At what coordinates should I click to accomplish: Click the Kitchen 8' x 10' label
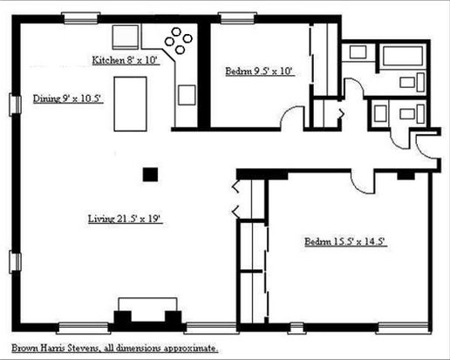[126, 60]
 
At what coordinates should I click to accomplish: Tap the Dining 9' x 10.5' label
[68, 98]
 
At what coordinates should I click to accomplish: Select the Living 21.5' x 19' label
[125, 219]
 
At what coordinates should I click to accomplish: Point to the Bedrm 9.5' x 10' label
[260, 71]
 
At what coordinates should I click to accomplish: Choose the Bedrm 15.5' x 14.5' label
[346, 241]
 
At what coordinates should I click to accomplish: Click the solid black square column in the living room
[150, 174]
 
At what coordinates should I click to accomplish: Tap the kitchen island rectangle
[130, 104]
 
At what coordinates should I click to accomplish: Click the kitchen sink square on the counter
[187, 95]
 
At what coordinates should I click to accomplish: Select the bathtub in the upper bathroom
[403, 56]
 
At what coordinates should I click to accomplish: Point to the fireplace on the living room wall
[147, 316]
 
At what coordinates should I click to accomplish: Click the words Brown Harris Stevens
[55, 348]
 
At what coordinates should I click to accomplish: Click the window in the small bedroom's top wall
[237, 18]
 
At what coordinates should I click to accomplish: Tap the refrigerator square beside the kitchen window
[126, 37]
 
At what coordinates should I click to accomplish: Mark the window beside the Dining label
[15, 105]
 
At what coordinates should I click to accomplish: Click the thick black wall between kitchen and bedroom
[204, 76]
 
